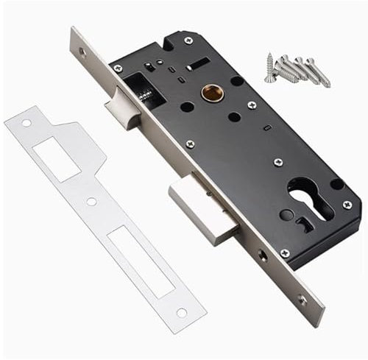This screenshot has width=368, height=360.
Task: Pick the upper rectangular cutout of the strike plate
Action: pos(56,159)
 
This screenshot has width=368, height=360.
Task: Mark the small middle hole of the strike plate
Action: pos(91,201)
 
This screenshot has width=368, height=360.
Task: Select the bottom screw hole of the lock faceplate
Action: pos(302,299)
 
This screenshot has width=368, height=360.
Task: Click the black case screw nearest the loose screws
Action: pos(189,40)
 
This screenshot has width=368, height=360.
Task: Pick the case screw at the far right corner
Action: pos(347,205)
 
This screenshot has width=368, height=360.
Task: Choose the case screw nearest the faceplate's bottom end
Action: pos(285,253)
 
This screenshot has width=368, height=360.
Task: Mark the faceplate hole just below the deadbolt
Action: pos(263,255)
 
